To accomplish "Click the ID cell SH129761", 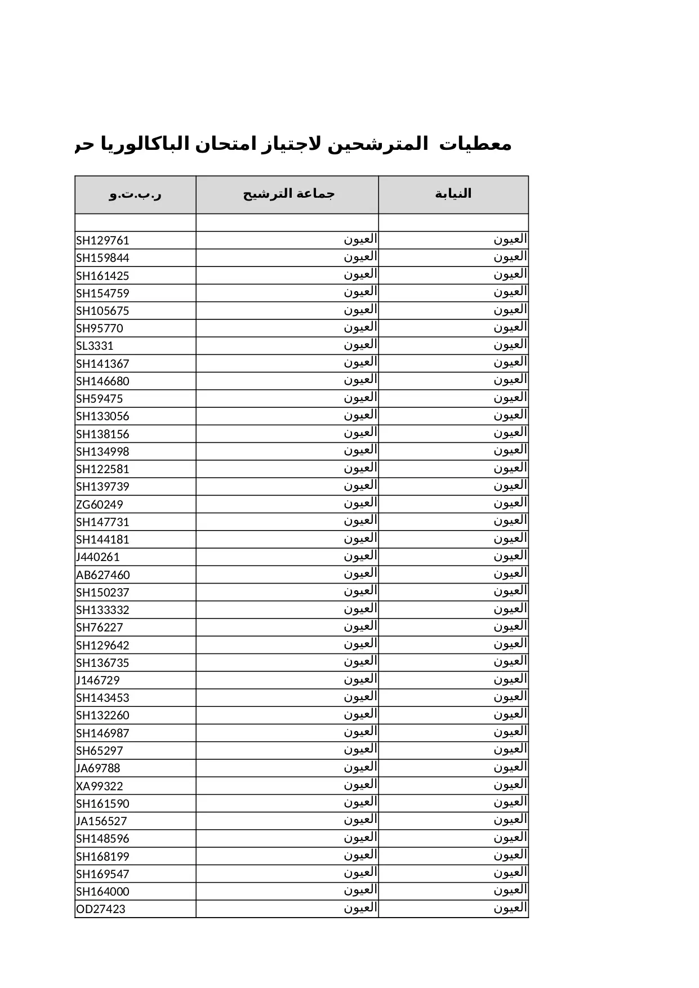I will pos(103,241).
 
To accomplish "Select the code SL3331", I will pos(95,346).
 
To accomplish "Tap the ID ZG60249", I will pos(99,505).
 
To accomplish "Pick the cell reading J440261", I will pos(98,557).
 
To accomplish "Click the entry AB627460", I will pos(103,575).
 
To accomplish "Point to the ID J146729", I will pos(98,680).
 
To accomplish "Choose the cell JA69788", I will pos(98,768).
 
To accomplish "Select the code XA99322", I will pos(99,786).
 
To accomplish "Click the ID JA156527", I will pos(101,821).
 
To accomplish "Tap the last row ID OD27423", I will pos(100,909).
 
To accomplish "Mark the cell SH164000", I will pos(103,892).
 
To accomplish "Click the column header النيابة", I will pos(453,194).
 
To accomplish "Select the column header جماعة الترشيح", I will pos(288,194).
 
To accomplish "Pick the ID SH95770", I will pos(99,328).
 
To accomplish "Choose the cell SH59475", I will pos(99,399).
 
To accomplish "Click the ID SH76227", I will pos(99,627).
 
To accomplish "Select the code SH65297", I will pos(99,751).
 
